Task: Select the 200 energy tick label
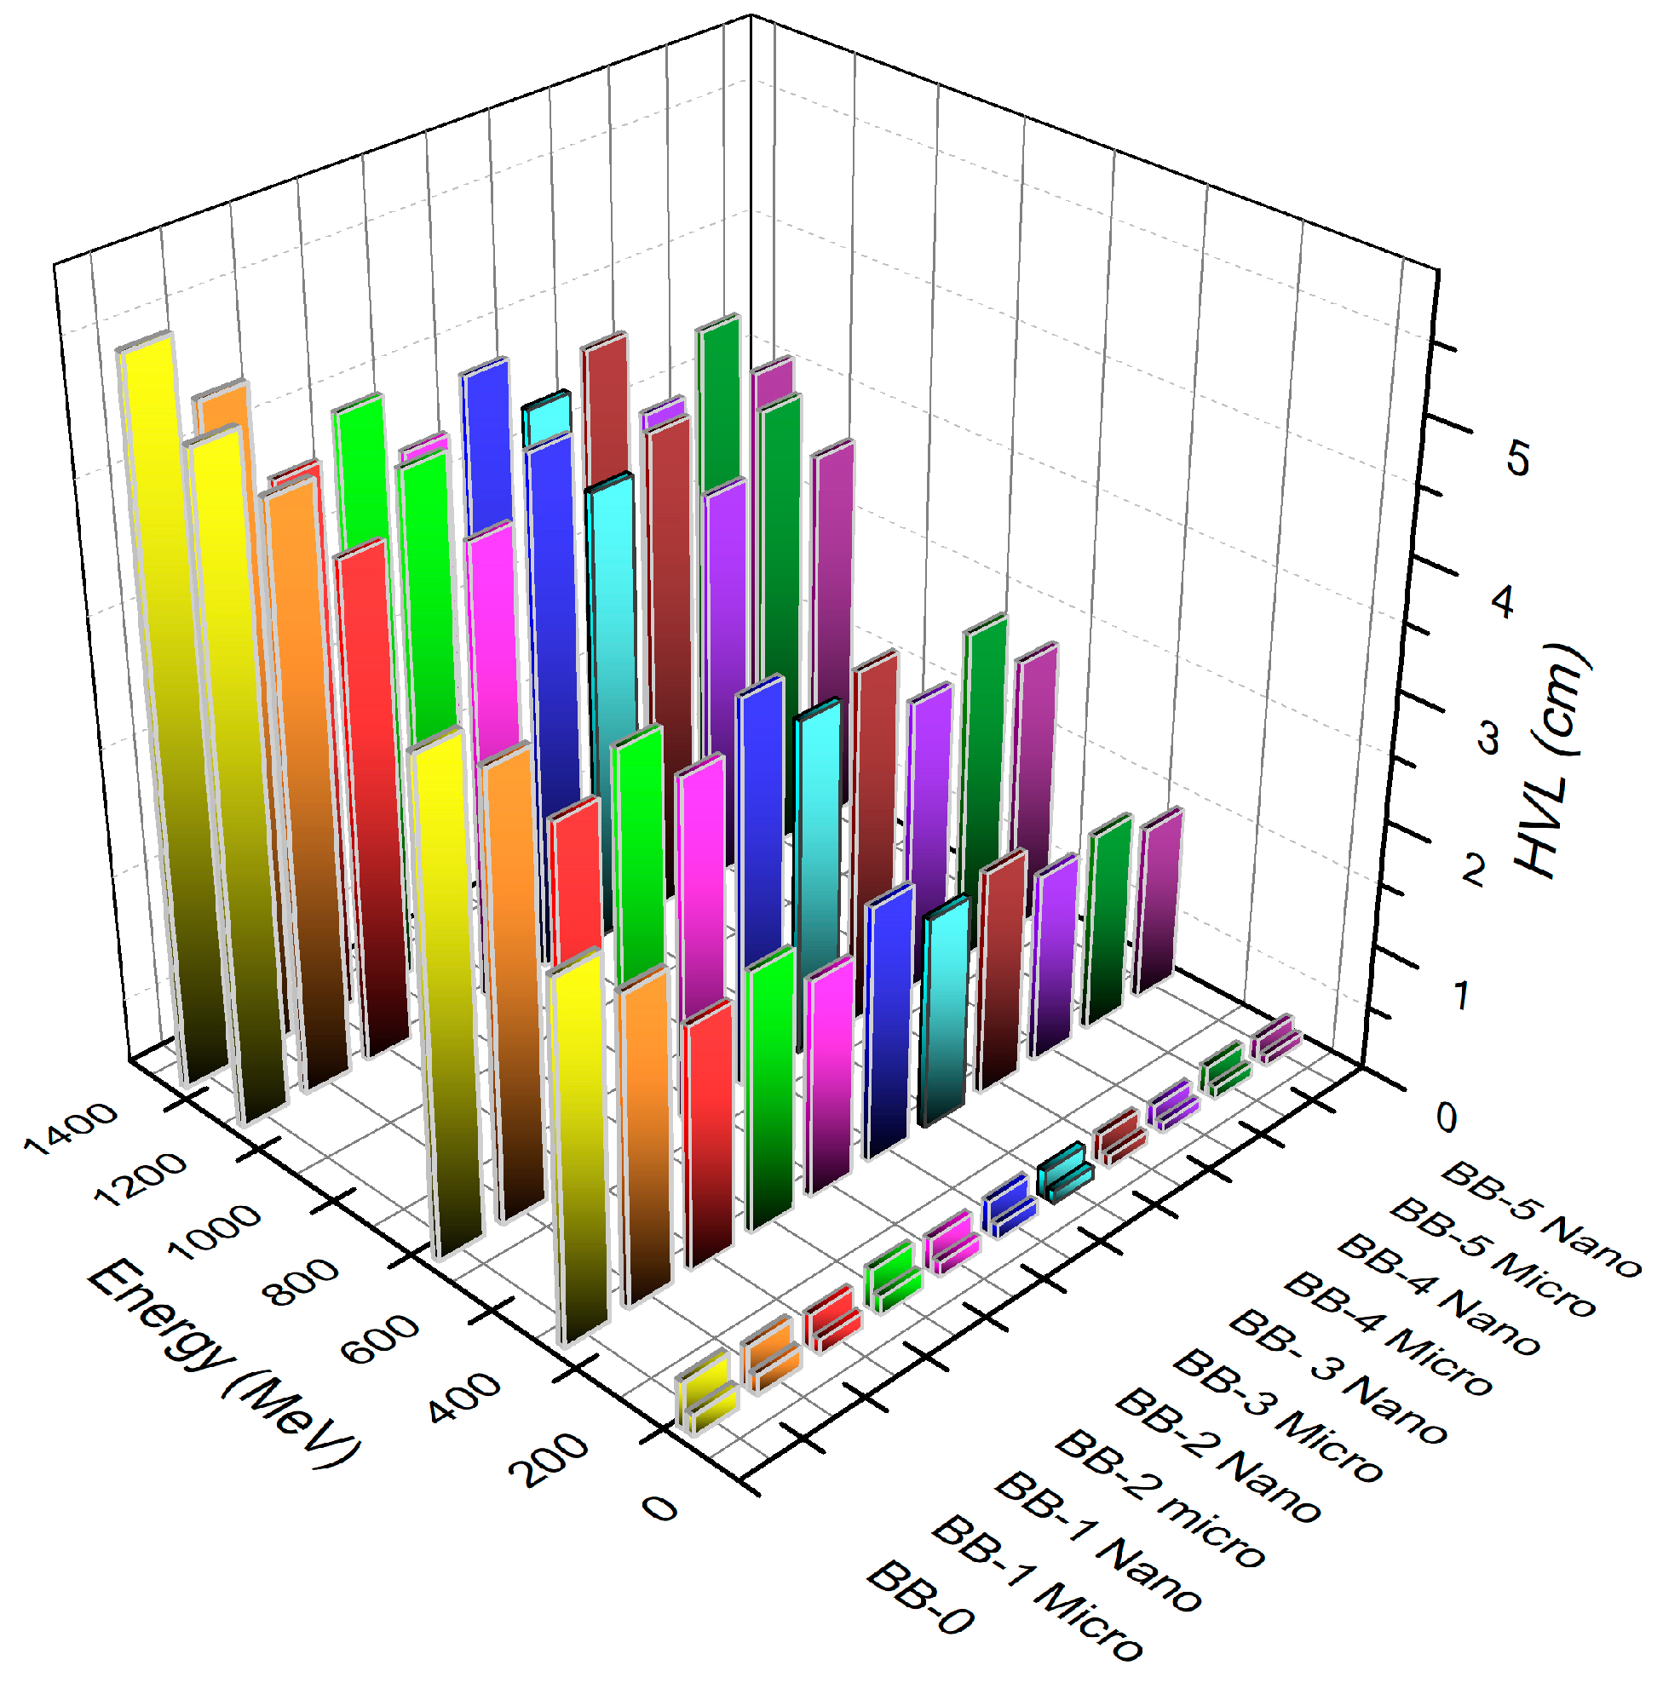[549, 1459]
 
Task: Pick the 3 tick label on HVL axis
[1487, 737]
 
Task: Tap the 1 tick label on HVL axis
[1460, 996]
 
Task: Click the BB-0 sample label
[920, 1598]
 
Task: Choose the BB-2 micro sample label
[1159, 1498]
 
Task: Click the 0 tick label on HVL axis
[1446, 1117]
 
